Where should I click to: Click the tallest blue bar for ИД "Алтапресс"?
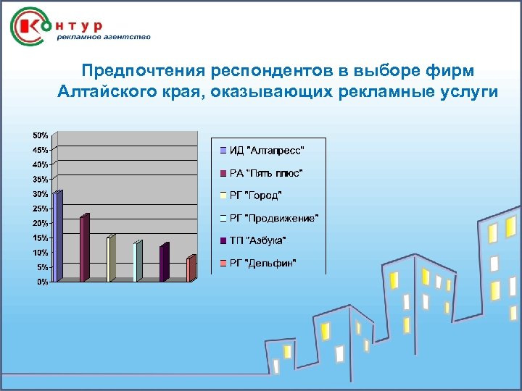58,235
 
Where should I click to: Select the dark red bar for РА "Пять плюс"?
84,248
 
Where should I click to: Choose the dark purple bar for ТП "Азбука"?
163,263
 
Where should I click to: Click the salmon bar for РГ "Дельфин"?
190,269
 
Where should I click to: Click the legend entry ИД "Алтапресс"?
266,151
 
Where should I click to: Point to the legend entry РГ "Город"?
255,195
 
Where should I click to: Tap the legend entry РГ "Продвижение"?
273,218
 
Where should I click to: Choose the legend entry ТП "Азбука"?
257,240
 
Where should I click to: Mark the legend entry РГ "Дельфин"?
262,263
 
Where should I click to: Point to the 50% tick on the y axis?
40,135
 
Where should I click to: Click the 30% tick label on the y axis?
40,194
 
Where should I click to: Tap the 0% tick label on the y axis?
43,282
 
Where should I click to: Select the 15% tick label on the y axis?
40,238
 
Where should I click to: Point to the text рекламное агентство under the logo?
104,37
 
